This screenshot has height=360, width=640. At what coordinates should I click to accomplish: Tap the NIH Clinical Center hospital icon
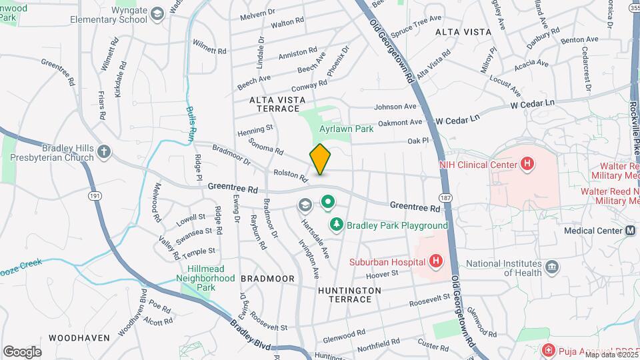[528, 163]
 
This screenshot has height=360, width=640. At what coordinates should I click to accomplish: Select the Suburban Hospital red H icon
[436, 260]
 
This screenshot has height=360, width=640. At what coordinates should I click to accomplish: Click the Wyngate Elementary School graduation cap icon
[157, 14]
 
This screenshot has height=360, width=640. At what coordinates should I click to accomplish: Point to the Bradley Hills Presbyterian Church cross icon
[103, 151]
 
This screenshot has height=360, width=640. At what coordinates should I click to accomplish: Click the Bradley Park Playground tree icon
[337, 225]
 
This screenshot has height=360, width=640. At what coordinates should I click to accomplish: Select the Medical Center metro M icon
[630, 231]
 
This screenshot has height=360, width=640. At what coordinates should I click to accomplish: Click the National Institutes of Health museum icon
[551, 267]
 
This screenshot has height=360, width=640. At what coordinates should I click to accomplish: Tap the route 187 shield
[445, 197]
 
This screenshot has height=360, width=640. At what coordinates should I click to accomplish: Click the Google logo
[22, 351]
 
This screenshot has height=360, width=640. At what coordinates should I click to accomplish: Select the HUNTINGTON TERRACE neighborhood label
[349, 295]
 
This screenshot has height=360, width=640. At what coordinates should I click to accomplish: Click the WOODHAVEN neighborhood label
[79, 338]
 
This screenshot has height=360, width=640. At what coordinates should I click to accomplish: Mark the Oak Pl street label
[417, 141]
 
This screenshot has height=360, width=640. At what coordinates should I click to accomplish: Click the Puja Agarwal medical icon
[547, 350]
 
